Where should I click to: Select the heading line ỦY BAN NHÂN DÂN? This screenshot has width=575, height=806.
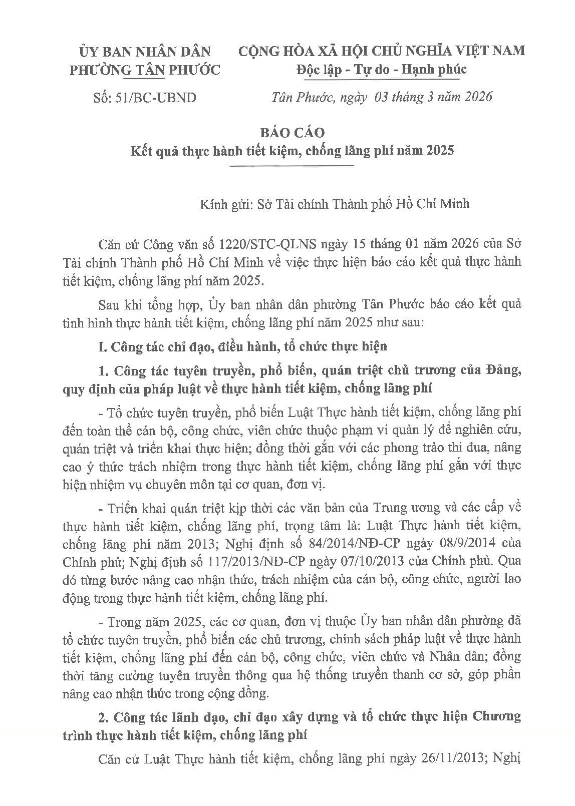click(x=144, y=51)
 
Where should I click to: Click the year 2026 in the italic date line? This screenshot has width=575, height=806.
click(x=475, y=97)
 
